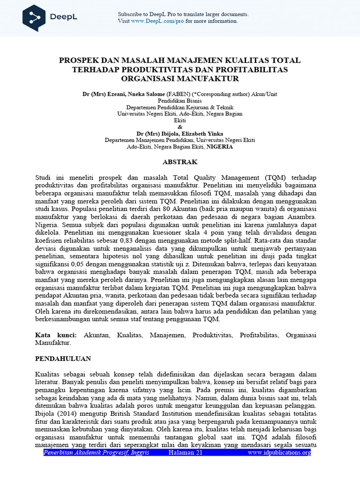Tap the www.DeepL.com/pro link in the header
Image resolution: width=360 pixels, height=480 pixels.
click(x=157, y=21)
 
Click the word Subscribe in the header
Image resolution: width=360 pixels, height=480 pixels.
click(x=129, y=15)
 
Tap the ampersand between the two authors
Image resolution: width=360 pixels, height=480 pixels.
click(x=180, y=127)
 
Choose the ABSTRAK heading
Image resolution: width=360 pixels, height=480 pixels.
click(x=180, y=162)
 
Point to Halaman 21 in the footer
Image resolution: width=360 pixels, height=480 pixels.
click(x=185, y=452)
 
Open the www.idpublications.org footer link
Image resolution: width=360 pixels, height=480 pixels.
click(x=279, y=452)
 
